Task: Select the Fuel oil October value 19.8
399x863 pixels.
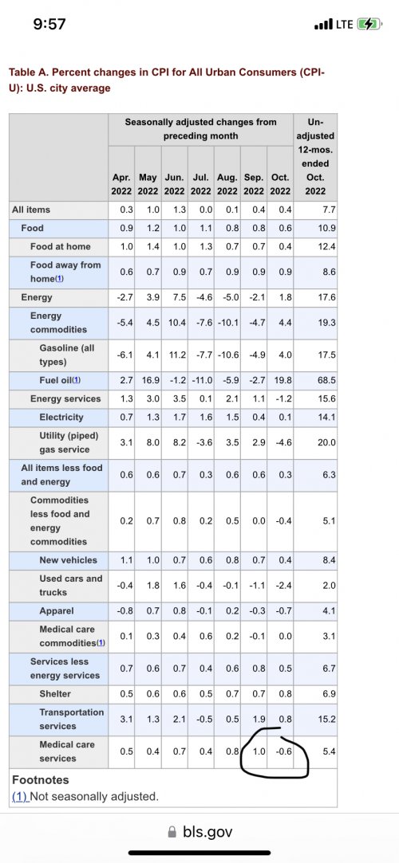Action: point(283,380)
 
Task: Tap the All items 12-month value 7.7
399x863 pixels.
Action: point(330,209)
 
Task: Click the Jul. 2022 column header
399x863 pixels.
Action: point(200,185)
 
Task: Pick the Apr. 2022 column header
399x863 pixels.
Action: point(121,185)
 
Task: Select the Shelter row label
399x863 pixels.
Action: point(55,693)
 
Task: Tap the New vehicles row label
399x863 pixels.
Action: point(69,559)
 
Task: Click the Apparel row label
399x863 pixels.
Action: point(57,611)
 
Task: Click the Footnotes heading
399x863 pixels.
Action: point(41,780)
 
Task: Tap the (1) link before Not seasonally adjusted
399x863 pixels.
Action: point(20,796)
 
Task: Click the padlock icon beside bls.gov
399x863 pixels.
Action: point(172,832)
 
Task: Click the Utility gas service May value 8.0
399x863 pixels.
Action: point(152,442)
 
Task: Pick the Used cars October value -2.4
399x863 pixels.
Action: point(284,586)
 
